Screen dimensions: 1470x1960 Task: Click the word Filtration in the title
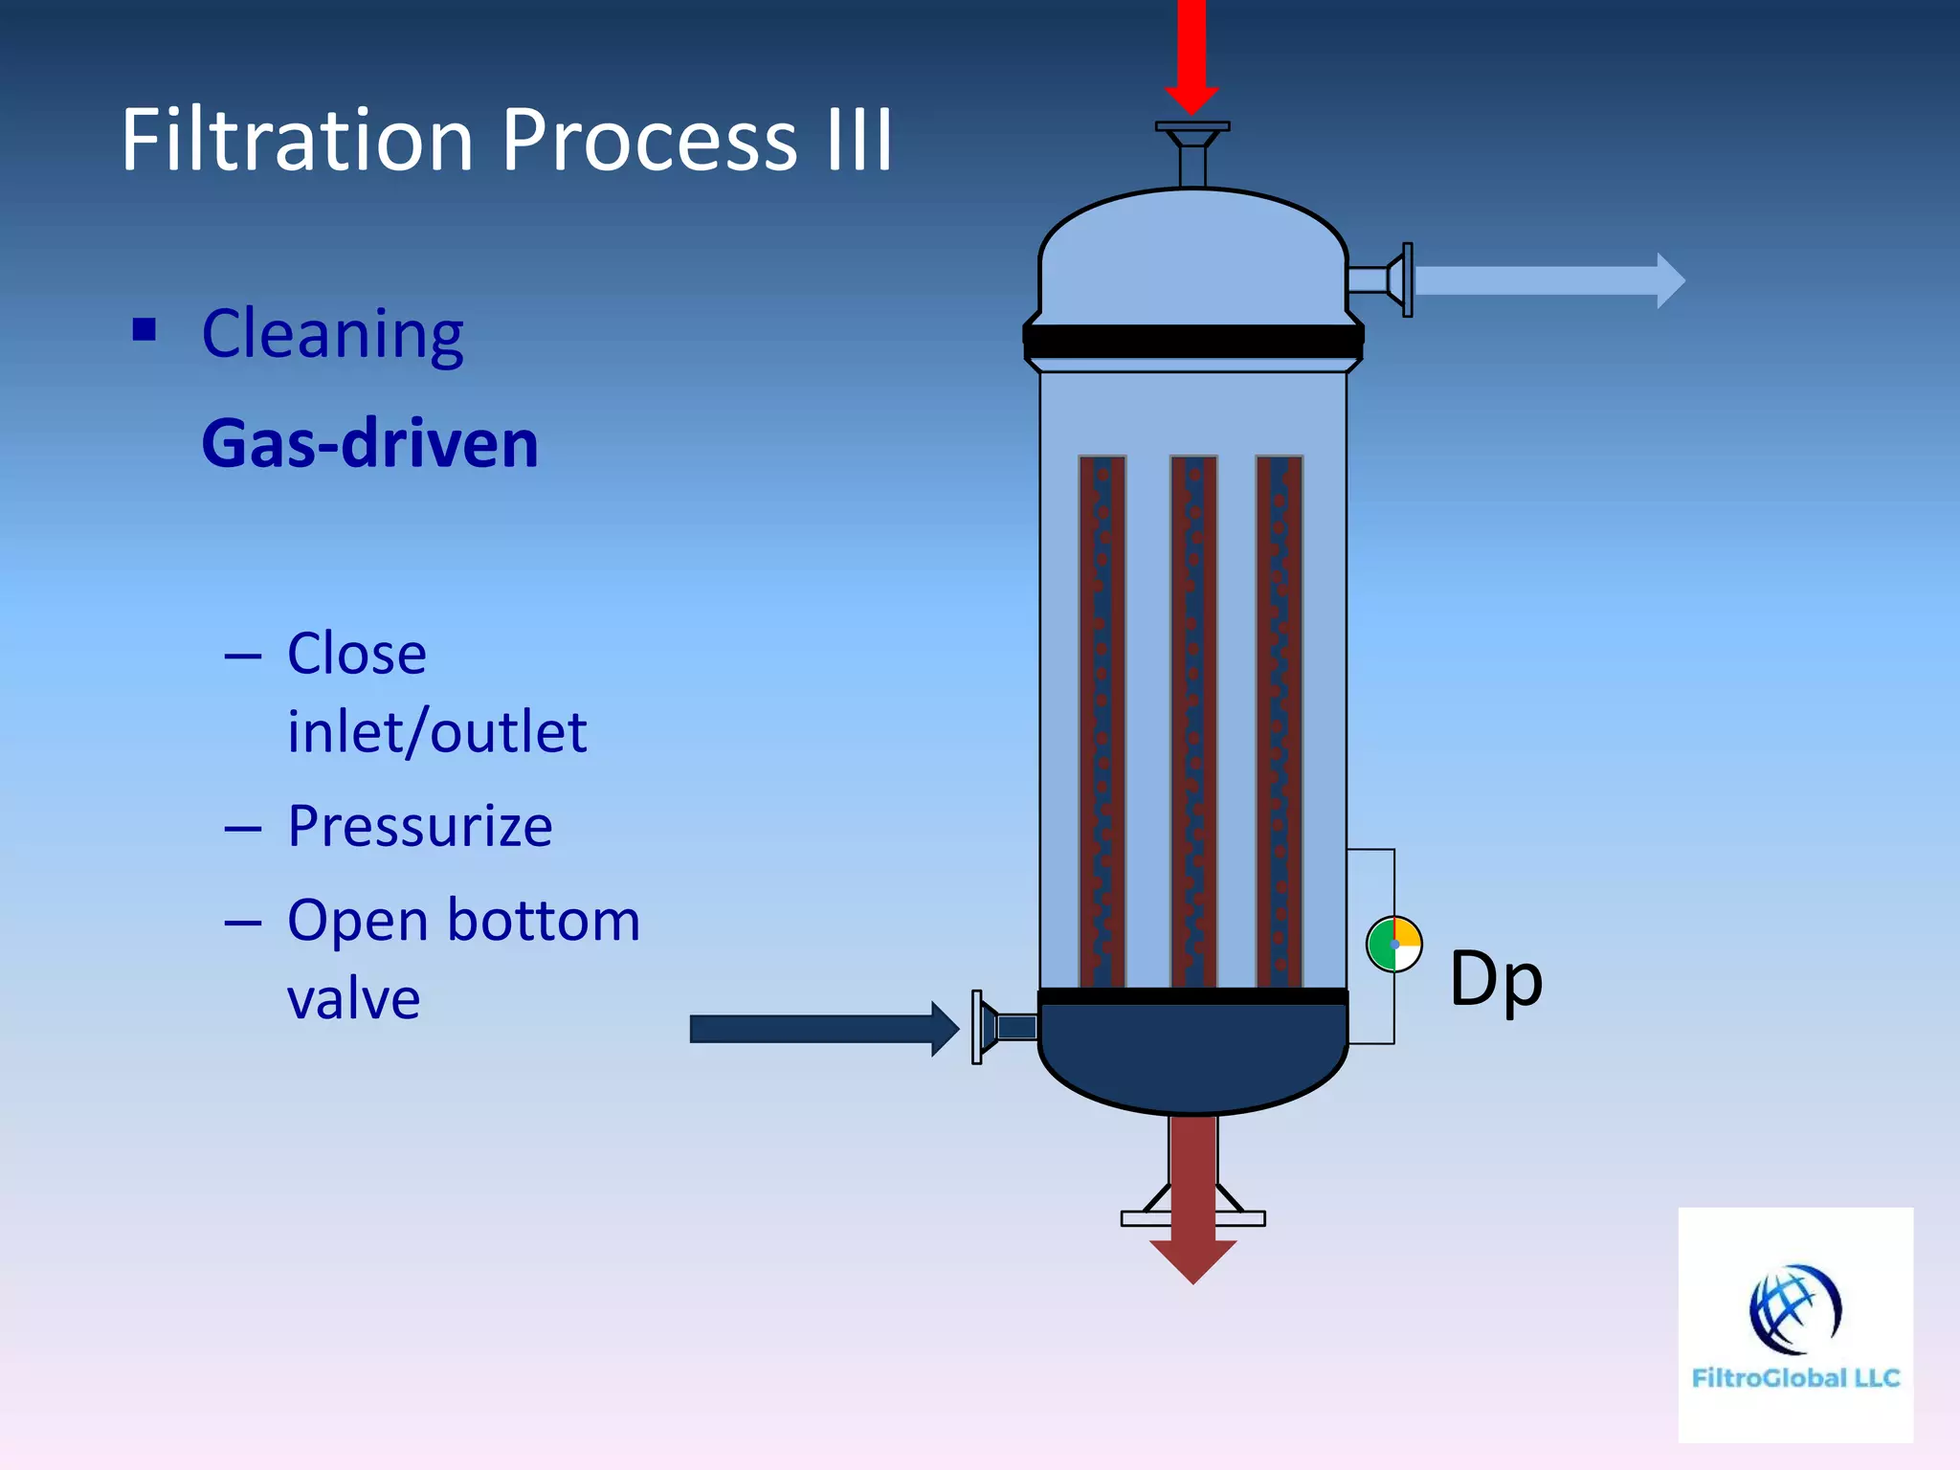[297, 141]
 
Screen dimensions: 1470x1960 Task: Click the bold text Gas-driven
[369, 444]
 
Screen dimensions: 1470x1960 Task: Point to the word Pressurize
[419, 827]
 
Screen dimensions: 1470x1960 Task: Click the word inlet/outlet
[436, 733]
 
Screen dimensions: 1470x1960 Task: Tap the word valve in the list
[353, 999]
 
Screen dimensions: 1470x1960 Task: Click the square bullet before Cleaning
[145, 330]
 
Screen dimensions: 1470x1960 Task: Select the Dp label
[1495, 980]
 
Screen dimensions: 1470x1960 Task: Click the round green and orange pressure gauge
[1393, 945]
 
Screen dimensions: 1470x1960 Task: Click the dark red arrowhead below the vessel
[1192, 1258]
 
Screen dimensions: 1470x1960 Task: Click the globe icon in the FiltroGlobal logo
[1794, 1309]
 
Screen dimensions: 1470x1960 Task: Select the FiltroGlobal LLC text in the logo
[1795, 1378]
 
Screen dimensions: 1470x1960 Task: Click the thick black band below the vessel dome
[1192, 341]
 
